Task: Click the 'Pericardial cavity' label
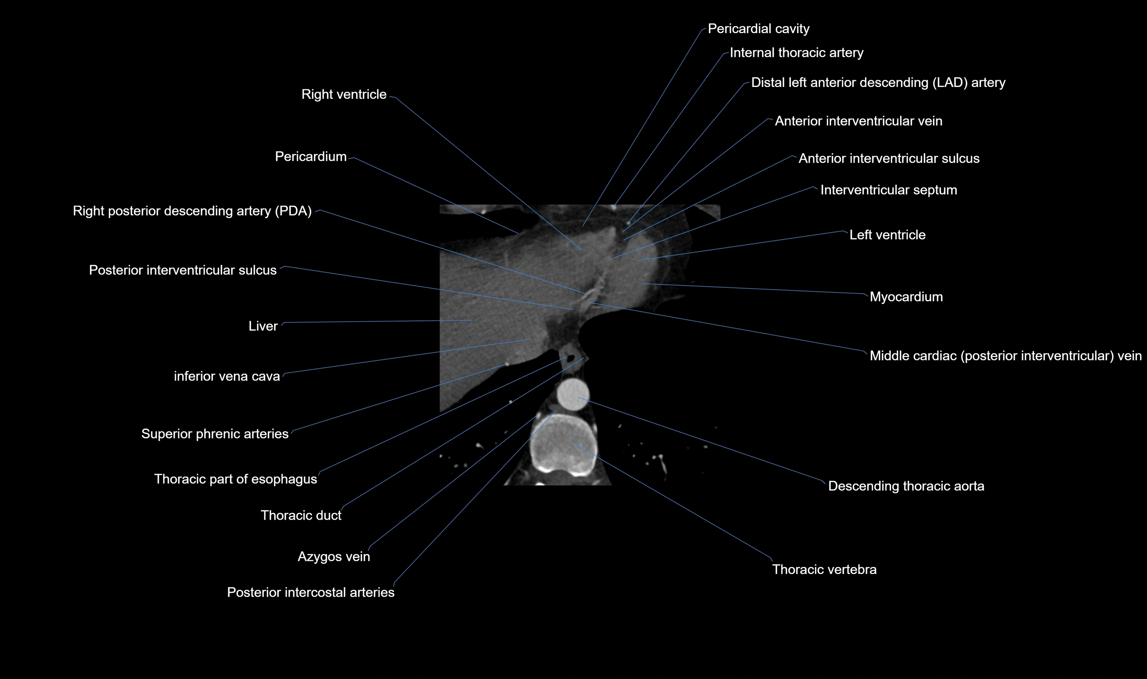pyautogui.click(x=758, y=29)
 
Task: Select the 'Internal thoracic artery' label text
pyautogui.click(x=796, y=53)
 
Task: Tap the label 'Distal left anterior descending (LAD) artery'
pyautogui.click(x=878, y=82)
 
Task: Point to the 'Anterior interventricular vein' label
pyautogui.click(x=858, y=121)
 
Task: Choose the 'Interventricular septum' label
pyautogui.click(x=888, y=190)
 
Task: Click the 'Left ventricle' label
pyautogui.click(x=887, y=235)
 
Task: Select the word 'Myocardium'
pyautogui.click(x=906, y=297)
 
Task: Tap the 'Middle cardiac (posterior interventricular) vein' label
pyautogui.click(x=1005, y=355)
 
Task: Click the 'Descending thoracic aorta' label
pyautogui.click(x=906, y=486)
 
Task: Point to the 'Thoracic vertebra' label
pyautogui.click(x=824, y=569)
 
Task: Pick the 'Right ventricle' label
pyautogui.click(x=344, y=94)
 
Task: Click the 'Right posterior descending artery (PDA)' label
pyautogui.click(x=192, y=211)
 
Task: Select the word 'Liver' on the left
pyautogui.click(x=263, y=326)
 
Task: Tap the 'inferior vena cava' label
pyautogui.click(x=227, y=376)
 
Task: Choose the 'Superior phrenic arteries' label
pyautogui.click(x=215, y=434)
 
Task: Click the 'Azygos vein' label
pyautogui.click(x=334, y=556)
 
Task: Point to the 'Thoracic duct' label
pyautogui.click(x=301, y=515)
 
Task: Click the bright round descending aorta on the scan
pyautogui.click(x=573, y=394)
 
